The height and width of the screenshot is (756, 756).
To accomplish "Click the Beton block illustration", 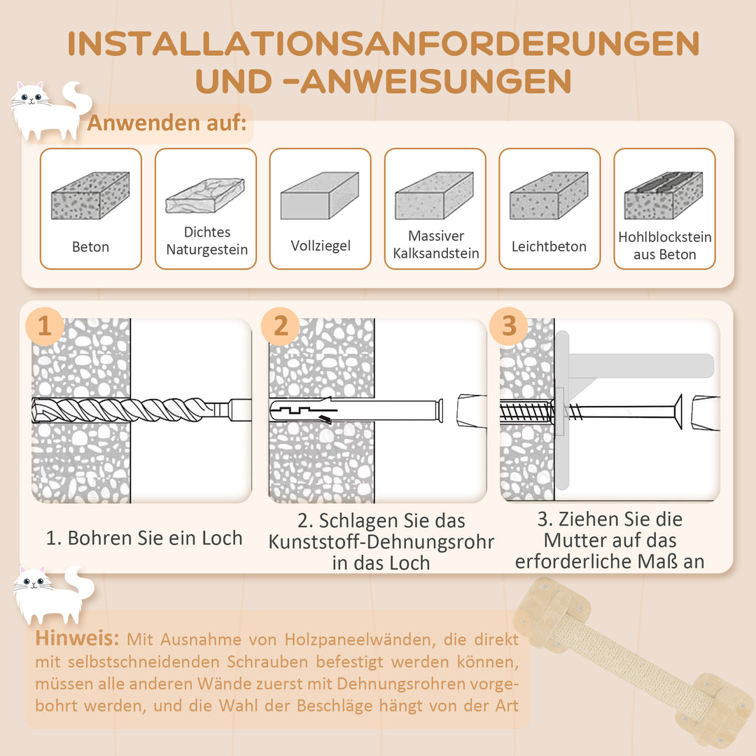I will (x=90, y=196).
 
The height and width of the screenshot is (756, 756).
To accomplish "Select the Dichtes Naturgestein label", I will (x=206, y=241).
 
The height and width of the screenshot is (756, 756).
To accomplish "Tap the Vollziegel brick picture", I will (x=319, y=196).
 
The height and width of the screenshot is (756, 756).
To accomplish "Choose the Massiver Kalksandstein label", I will (x=435, y=245).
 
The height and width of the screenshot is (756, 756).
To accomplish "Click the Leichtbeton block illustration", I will (x=549, y=196).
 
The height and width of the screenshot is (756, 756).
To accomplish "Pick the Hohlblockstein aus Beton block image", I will (x=664, y=196).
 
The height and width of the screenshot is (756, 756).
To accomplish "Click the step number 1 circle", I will (x=45, y=326).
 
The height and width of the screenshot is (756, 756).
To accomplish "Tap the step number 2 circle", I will (x=281, y=326).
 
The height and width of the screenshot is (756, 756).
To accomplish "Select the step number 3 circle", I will (x=509, y=326).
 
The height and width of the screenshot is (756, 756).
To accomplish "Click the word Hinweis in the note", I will (x=77, y=639).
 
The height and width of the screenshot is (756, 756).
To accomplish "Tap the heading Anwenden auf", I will (x=167, y=123).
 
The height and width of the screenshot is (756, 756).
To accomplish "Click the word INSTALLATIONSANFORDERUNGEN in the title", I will (x=384, y=44).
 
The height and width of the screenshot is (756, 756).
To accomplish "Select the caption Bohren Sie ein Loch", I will (x=144, y=538).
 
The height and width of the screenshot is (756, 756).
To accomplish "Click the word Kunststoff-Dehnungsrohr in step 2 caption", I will (x=381, y=542).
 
